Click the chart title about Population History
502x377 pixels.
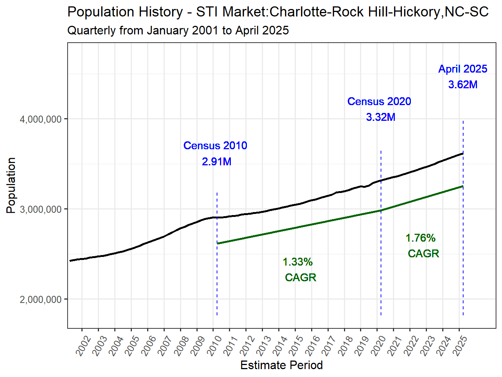pyautogui.click(x=278, y=12)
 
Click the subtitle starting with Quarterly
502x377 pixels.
pyautogui.click(x=178, y=30)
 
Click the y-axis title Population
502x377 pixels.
pyautogui.click(x=11, y=185)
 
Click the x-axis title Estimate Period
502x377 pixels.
pyautogui.click(x=281, y=365)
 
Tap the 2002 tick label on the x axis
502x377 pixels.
pyautogui.click(x=83, y=346)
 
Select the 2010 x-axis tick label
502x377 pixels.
pyautogui.click(x=214, y=346)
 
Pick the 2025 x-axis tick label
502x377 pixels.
pyautogui.click(x=460, y=346)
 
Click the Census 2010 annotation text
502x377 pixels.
pyautogui.click(x=215, y=145)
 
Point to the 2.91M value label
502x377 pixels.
pyautogui.click(x=217, y=162)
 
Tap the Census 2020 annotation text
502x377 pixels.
pyautogui.click(x=379, y=101)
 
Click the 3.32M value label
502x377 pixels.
pyautogui.click(x=381, y=117)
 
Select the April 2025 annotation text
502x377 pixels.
pyautogui.click(x=463, y=69)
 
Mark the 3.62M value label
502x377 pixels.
pyautogui.click(x=463, y=85)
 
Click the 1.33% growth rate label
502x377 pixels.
pyautogui.click(x=297, y=262)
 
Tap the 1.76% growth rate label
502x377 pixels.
pyautogui.click(x=421, y=238)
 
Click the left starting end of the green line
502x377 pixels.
pyautogui.click(x=218, y=243)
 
